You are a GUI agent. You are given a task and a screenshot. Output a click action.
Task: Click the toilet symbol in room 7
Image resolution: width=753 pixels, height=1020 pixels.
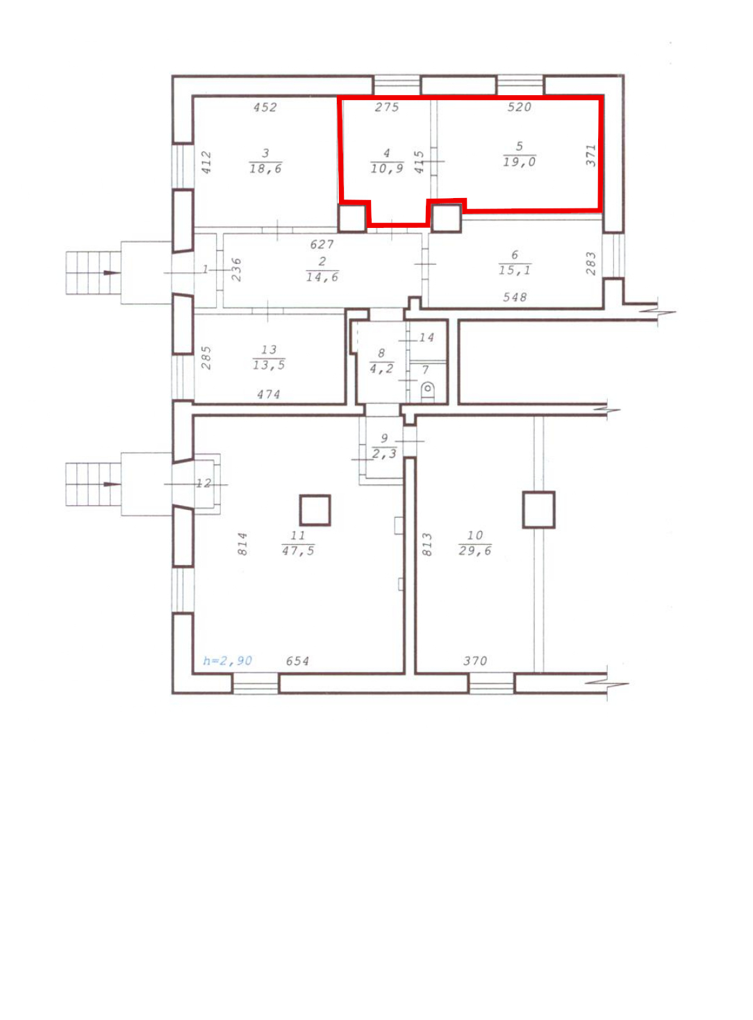(427, 392)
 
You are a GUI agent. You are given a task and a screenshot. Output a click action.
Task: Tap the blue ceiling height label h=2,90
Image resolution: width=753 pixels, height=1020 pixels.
(228, 661)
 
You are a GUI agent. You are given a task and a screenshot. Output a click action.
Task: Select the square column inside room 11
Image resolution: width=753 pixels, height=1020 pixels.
(315, 510)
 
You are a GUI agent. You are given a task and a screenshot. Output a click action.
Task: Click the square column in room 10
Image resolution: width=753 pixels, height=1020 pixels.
(539, 509)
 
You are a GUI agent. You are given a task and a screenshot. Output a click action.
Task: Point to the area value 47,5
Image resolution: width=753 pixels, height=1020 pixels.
(298, 550)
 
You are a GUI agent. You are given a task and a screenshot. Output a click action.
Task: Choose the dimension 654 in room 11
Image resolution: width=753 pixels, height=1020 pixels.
(297, 661)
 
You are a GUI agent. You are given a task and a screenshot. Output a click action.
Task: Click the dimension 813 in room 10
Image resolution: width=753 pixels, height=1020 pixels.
(427, 544)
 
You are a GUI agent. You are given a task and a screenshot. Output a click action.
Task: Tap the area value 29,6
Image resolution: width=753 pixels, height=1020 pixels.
(475, 550)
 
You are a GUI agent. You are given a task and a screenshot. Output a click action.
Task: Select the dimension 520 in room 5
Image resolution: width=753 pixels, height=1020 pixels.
(520, 107)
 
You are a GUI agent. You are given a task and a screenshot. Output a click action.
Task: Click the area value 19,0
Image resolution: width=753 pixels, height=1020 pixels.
(520, 162)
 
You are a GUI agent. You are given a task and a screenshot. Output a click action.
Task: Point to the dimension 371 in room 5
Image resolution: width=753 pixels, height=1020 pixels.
(590, 156)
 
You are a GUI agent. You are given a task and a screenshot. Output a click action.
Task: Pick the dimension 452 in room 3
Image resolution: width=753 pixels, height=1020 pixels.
(265, 107)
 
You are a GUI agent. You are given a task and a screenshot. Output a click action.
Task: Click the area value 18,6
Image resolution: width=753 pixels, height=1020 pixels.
(265, 169)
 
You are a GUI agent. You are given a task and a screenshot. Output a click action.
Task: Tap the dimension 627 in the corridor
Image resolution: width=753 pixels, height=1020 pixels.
(322, 244)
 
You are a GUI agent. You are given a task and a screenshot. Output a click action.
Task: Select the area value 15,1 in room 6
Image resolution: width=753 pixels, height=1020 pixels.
(515, 270)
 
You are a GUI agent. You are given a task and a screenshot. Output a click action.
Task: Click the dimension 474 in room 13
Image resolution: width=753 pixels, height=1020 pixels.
(268, 394)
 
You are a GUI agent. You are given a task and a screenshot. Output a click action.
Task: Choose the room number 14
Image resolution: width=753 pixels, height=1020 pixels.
(426, 338)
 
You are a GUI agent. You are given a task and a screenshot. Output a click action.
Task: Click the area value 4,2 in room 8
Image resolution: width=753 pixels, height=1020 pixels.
(381, 368)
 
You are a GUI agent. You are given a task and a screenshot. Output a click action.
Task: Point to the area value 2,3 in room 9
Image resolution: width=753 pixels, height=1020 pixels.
(384, 454)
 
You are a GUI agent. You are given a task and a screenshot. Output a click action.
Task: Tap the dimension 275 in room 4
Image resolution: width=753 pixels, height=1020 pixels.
(387, 107)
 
